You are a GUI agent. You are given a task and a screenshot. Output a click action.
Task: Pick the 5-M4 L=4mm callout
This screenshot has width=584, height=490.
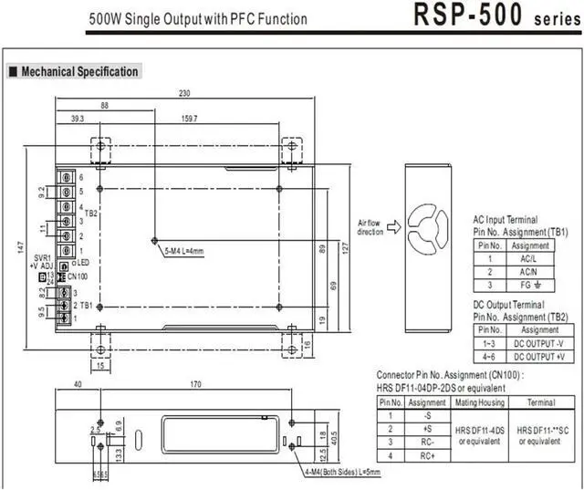(x=184, y=250)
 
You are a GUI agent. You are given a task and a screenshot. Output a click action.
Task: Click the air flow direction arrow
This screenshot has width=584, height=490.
(x=394, y=227)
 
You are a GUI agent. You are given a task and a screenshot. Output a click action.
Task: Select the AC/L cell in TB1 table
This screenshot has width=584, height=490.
(x=529, y=258)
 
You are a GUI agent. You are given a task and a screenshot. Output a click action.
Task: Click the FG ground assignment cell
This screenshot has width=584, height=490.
(x=529, y=285)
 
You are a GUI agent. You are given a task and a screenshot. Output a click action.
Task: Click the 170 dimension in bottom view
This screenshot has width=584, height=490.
(x=194, y=384)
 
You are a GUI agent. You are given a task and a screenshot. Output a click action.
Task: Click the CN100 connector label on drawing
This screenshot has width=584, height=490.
(x=78, y=276)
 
